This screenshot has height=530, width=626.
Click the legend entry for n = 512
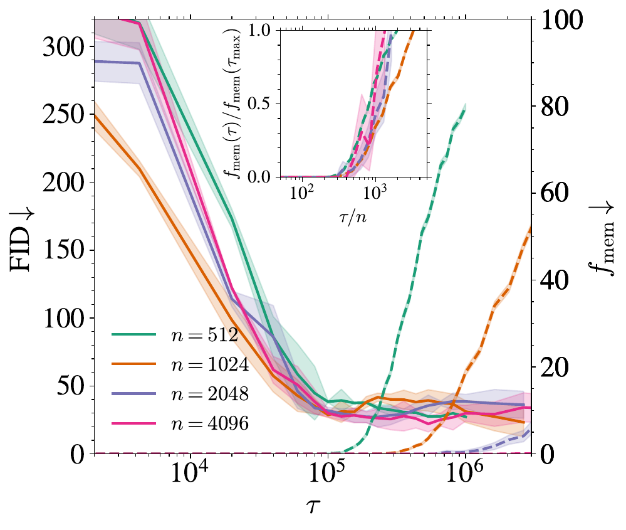[x=175, y=334]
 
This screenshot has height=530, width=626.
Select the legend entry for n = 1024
[x=180, y=364]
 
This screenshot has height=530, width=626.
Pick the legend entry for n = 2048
[x=180, y=394]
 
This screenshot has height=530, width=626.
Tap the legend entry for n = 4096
[x=180, y=423]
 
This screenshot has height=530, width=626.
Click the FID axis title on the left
[x=21, y=240]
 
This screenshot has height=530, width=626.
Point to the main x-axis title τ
[x=313, y=505]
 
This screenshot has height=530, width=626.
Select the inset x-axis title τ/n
[x=353, y=216]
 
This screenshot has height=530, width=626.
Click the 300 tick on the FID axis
[x=63, y=47]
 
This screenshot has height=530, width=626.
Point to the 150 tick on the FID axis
[x=63, y=250]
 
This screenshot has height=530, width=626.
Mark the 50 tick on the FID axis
[x=71, y=386]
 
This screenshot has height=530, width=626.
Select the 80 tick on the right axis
[x=555, y=107]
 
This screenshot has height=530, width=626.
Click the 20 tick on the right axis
[x=555, y=368]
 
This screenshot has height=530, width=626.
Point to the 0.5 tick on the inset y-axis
[x=259, y=104]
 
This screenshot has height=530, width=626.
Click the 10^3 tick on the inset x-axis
[x=375, y=193]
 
